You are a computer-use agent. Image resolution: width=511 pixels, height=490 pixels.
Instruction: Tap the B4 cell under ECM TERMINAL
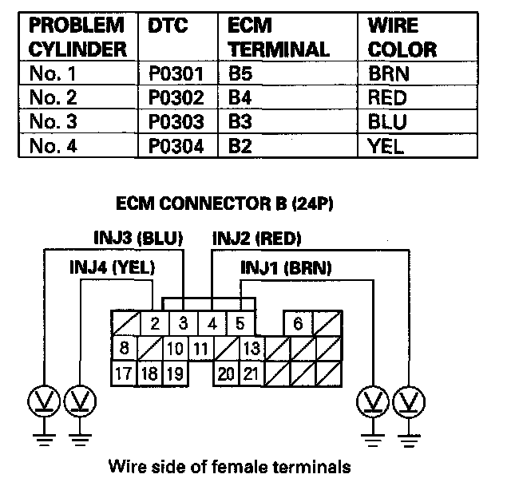pyautogui.click(x=240, y=99)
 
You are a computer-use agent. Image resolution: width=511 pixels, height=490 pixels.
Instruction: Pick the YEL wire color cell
pyautogui.click(x=386, y=146)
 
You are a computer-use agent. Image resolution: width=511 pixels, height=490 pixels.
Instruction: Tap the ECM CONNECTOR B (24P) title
pyautogui.click(x=224, y=203)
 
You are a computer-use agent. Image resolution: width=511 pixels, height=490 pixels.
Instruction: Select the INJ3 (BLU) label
pyautogui.click(x=135, y=239)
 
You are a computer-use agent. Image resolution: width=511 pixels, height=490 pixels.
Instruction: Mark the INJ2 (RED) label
pyautogui.click(x=256, y=239)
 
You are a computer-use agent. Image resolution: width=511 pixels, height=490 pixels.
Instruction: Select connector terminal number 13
pyautogui.click(x=251, y=349)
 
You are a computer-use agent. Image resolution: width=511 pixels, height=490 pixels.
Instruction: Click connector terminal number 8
pyautogui.click(x=124, y=349)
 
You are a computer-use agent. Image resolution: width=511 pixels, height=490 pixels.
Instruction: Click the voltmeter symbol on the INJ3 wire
pyautogui.click(x=41, y=399)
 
